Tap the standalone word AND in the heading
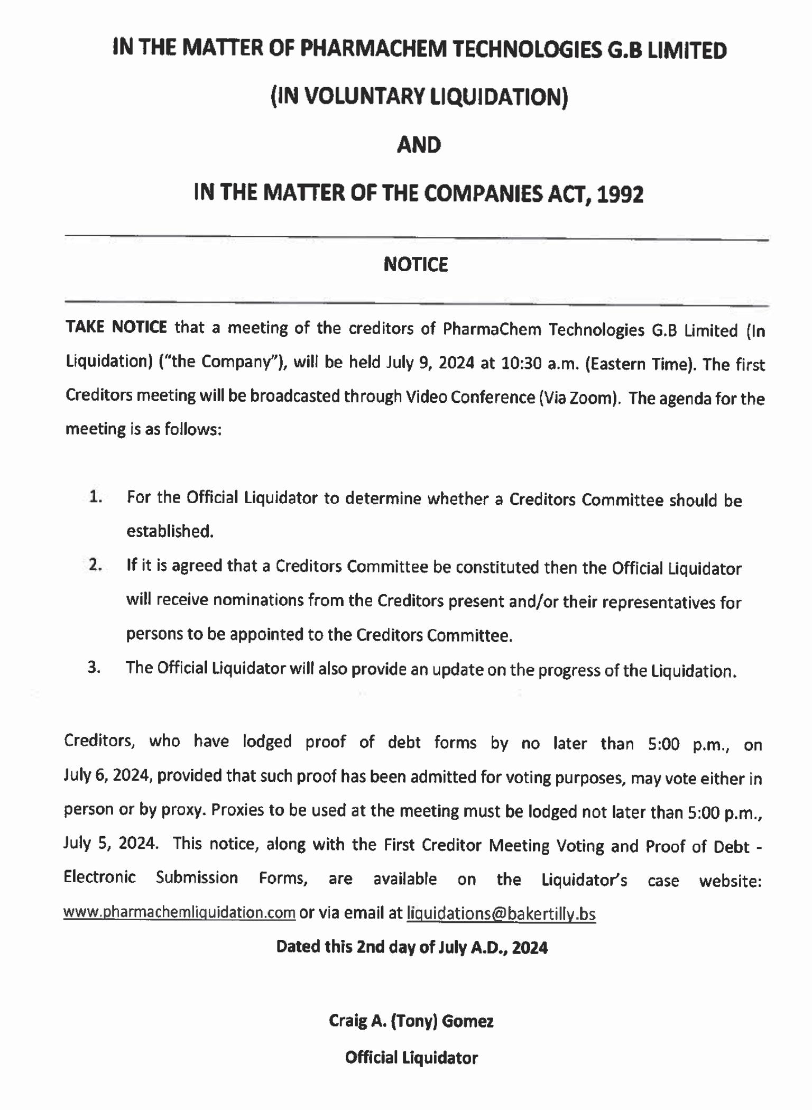pyautogui.click(x=419, y=145)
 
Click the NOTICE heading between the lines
pyautogui.click(x=416, y=264)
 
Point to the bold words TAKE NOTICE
pyautogui.click(x=116, y=327)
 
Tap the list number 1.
pyautogui.click(x=95, y=497)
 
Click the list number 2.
pyautogui.click(x=95, y=565)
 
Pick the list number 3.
pyautogui.click(x=94, y=668)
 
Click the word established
pyautogui.click(x=170, y=531)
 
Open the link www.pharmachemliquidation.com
pyautogui.click(x=179, y=913)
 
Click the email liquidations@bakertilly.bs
pyautogui.click(x=501, y=914)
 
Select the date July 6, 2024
pyautogui.click(x=108, y=775)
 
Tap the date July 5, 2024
pyautogui.click(x=110, y=843)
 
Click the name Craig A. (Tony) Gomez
pyautogui.click(x=411, y=1021)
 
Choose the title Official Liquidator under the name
pyautogui.click(x=411, y=1058)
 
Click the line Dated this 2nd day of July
pyautogui.click(x=411, y=947)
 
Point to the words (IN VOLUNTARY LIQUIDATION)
pyautogui.click(x=419, y=97)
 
